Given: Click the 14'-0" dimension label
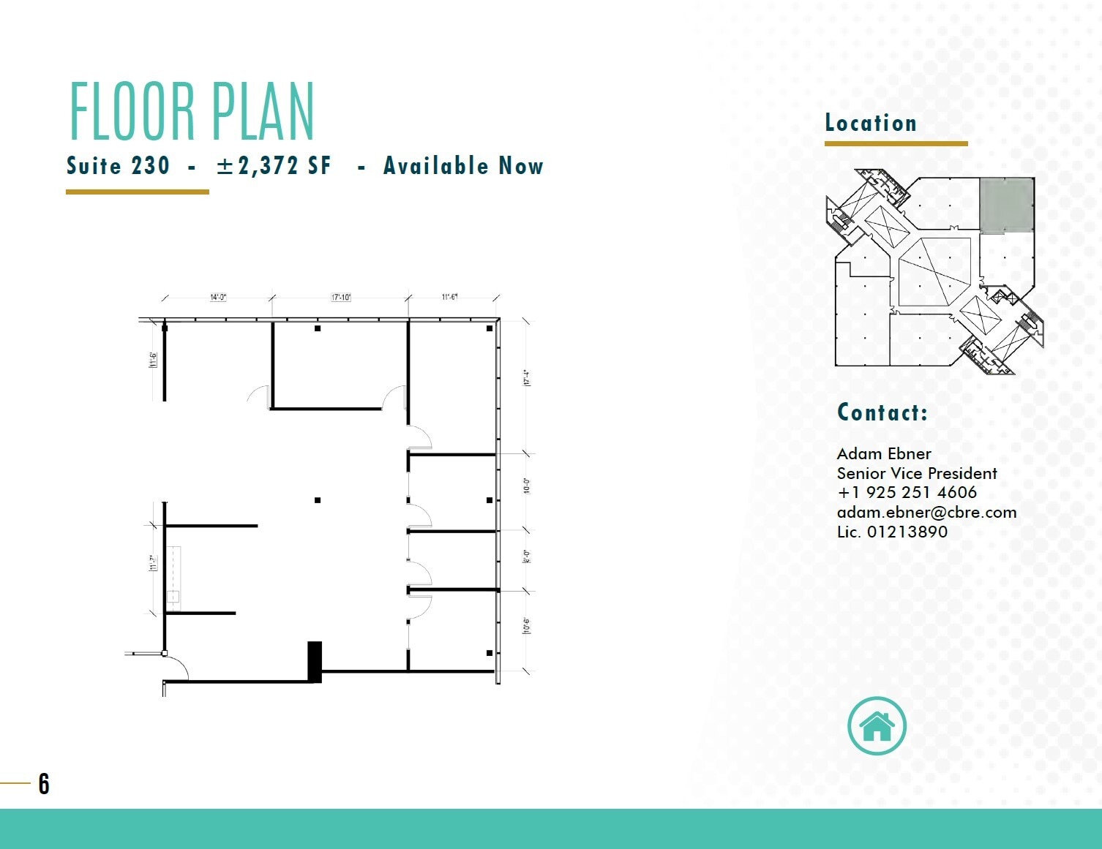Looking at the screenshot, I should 218,298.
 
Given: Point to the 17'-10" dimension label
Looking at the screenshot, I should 341,298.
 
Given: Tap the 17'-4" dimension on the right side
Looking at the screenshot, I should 526,378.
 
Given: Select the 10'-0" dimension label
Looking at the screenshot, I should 526,486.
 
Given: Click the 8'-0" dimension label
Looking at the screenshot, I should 526,557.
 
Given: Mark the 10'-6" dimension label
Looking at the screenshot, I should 526,626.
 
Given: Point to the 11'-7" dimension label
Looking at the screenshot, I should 153,562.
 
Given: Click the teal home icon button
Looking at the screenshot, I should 877,726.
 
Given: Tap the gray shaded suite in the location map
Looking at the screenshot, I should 1006,205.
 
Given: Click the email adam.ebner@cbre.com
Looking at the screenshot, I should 926,513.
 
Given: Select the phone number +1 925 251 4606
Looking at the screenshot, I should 907,493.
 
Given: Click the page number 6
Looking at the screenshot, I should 44,784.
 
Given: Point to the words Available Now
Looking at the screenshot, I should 463,166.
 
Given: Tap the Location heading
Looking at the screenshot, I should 871,123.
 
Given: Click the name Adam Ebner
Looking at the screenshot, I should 884,454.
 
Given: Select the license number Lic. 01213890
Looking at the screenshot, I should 892,532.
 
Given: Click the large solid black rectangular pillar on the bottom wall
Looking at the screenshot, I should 315,661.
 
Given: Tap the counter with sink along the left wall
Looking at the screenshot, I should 173,578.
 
